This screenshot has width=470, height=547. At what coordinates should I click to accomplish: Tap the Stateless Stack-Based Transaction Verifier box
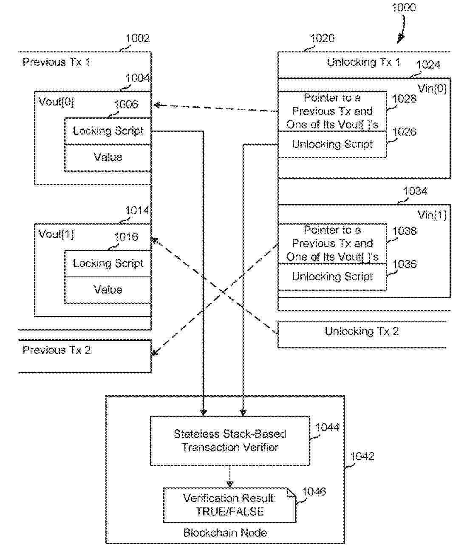pos(230,441)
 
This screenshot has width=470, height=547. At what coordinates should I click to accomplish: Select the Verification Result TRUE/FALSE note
pos(229,505)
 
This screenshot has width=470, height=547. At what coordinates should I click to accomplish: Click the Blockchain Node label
pos(225,533)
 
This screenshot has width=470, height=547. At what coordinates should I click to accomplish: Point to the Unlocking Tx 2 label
pos(362,331)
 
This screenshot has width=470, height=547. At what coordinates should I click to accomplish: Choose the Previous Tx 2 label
pos(57,350)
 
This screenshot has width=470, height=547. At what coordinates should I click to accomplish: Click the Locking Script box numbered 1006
pos(108,131)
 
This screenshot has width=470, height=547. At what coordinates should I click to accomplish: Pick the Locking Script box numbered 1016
pos(108,264)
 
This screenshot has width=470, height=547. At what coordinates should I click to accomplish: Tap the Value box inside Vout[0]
pos(108,157)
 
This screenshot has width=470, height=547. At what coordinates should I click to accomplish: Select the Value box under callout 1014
pos(108,290)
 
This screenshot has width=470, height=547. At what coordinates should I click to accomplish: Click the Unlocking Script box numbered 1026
pos(332,144)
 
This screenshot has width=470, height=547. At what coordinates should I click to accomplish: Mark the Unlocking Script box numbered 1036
pos(332,276)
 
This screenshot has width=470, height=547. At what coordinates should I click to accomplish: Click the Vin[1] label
pos(432,215)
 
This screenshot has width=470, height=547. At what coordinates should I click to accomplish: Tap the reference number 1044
pos(327,427)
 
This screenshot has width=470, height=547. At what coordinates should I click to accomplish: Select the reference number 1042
pos(362,456)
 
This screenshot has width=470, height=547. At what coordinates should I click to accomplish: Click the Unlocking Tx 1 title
pos(363,62)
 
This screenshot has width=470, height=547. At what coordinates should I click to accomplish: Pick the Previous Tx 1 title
pos(56,62)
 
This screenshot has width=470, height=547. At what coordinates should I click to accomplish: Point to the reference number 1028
pos(404,99)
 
